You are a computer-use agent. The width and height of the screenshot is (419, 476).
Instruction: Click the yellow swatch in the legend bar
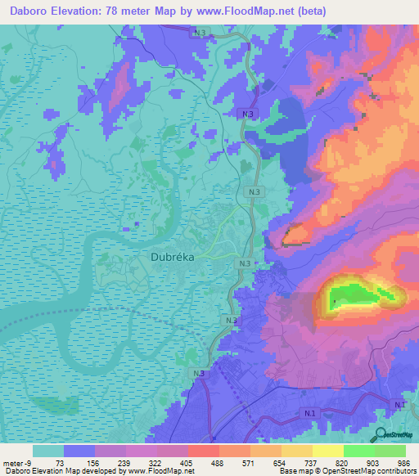tap(327, 451)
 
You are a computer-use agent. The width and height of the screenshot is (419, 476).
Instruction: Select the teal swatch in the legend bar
tap(48, 451)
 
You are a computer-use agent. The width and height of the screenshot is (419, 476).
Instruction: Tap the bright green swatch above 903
tap(358, 451)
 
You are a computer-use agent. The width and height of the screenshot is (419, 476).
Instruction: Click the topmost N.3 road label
tap(200, 33)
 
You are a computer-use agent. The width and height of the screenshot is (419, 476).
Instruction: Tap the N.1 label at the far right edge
tap(399, 406)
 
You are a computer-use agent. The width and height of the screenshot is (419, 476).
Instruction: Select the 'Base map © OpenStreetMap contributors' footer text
tap(346, 471)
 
